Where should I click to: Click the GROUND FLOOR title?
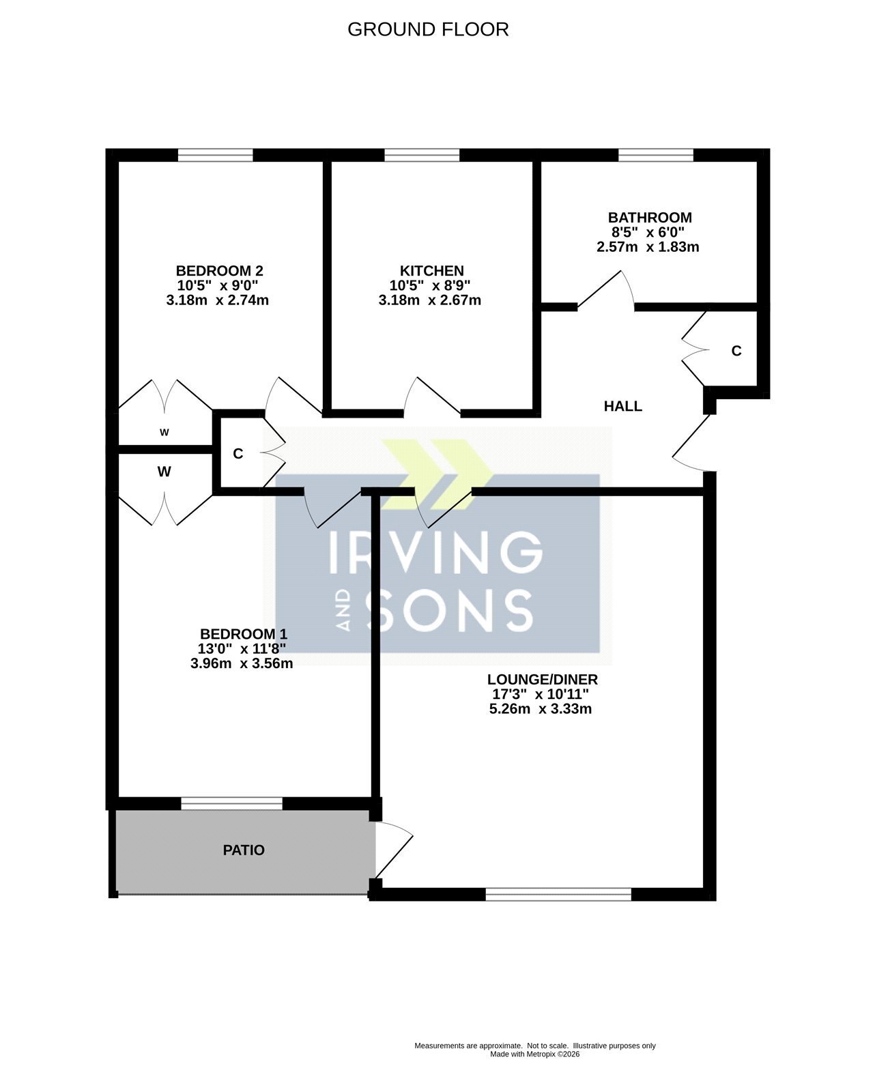(428, 29)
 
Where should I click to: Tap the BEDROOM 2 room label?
(219, 270)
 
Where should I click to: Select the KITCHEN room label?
(431, 270)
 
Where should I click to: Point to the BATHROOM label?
(650, 217)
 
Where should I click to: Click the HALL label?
(622, 406)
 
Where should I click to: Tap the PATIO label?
(244, 850)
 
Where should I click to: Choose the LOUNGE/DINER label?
(542, 679)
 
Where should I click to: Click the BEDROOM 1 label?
(244, 634)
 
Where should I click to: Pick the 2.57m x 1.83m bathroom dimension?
(648, 246)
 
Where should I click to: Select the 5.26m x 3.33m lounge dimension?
(540, 708)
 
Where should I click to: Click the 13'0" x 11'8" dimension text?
(242, 648)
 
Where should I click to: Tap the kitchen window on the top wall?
(422, 155)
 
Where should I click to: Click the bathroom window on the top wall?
(656, 155)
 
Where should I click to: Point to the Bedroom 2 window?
(215, 155)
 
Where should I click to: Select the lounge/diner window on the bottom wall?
(558, 894)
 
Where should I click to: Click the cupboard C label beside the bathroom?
(736, 351)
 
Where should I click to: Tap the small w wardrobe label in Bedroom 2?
(164, 432)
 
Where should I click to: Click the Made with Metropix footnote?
(534, 1054)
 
